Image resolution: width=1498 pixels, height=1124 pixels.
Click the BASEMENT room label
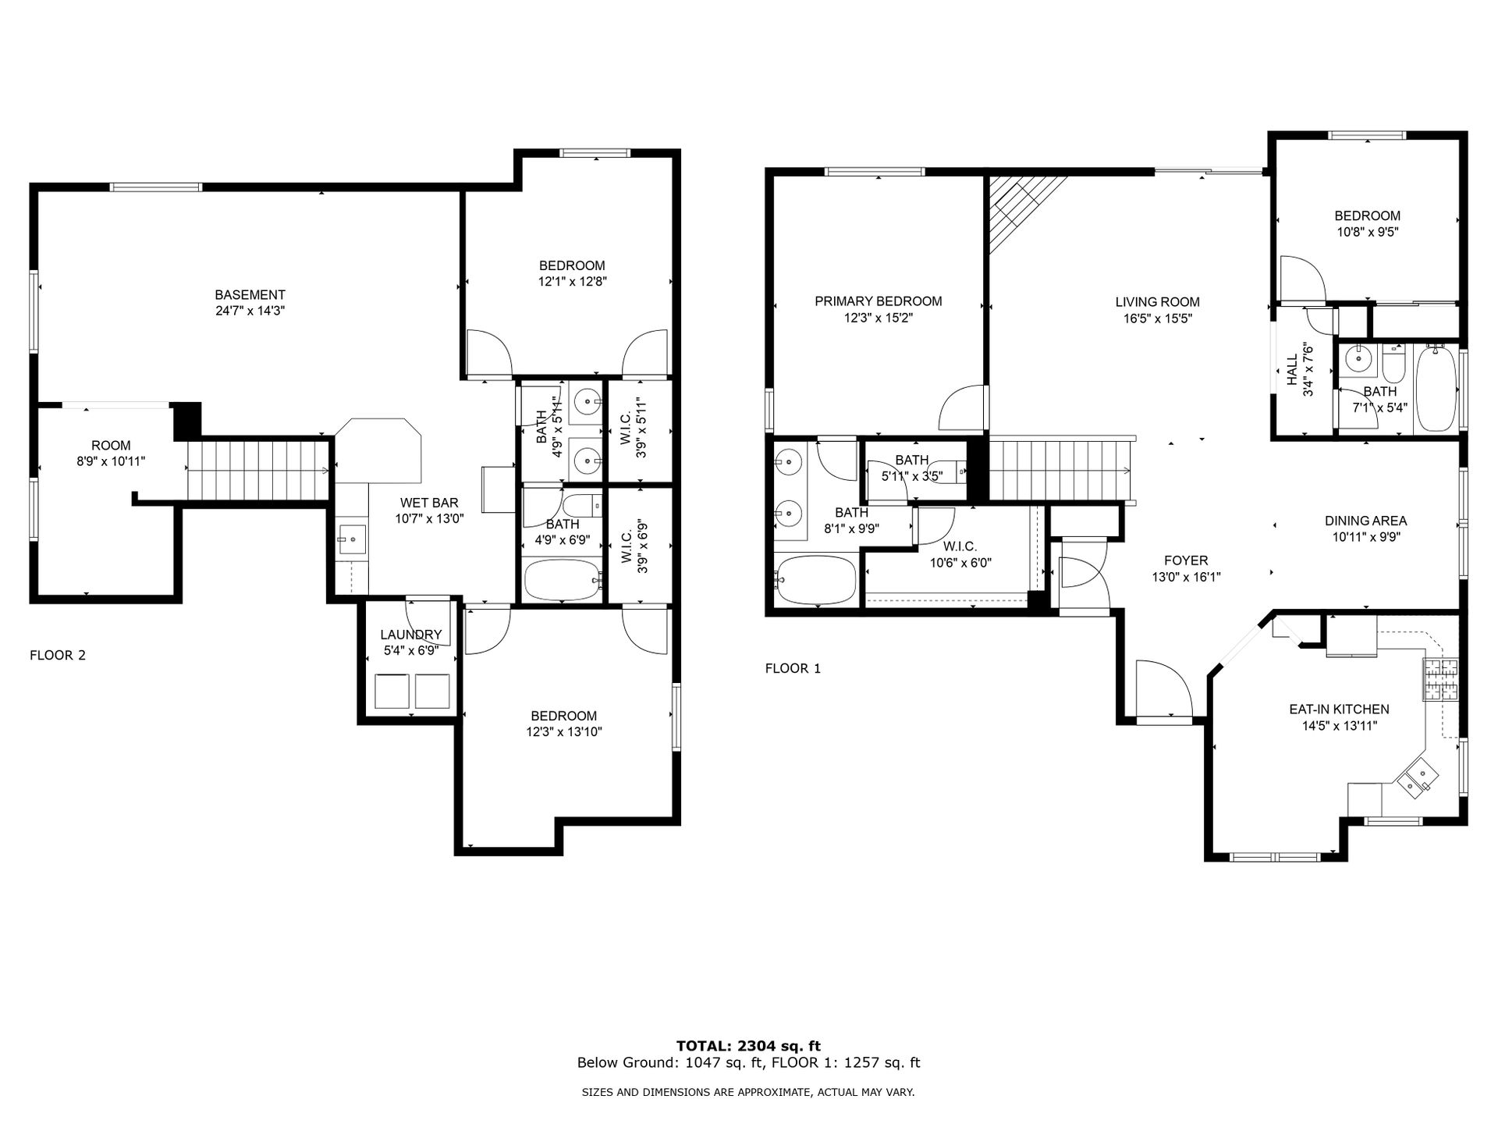point(250,295)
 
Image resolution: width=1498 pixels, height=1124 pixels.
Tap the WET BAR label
point(429,503)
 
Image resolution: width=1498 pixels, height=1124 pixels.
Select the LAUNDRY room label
point(411,635)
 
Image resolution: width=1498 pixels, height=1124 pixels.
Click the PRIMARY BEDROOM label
point(879,301)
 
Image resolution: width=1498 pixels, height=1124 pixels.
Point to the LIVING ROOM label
point(1157,302)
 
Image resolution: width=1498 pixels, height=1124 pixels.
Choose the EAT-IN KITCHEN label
point(1339,710)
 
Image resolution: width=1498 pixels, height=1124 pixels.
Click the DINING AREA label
point(1365,521)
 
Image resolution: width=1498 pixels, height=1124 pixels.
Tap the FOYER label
point(1186,560)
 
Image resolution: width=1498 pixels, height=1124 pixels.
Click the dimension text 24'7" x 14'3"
point(250,311)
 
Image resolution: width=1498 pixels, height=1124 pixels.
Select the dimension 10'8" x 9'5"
point(1367,232)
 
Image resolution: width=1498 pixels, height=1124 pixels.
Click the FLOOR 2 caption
point(58,655)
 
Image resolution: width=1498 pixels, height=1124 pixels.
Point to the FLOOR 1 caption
point(793,668)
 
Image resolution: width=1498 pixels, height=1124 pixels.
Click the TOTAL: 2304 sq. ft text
point(748,1046)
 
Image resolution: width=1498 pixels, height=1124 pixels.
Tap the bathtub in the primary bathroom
point(816,580)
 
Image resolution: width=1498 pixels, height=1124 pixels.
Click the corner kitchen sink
point(1418,779)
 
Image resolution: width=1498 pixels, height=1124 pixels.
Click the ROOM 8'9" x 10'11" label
point(111,454)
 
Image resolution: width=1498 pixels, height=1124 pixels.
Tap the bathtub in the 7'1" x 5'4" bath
point(1436,389)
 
